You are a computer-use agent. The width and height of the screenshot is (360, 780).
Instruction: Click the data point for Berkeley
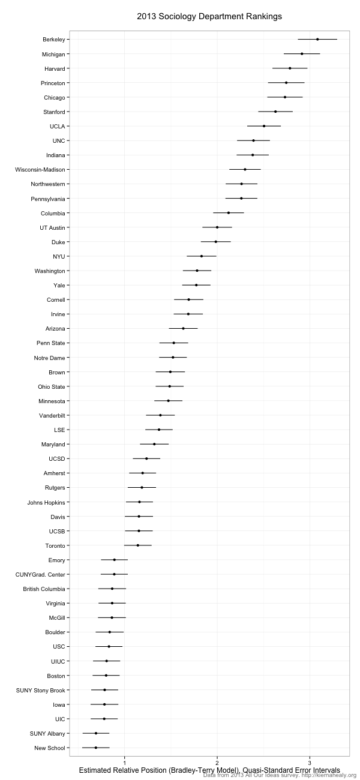[317, 40]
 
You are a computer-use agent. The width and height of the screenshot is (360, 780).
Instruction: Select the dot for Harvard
[290, 68]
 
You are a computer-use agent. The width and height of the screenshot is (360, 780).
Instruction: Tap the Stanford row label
[55, 112]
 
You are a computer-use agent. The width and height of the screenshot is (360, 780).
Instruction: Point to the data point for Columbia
[229, 213]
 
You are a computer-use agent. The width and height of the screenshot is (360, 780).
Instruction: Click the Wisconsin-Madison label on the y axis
[40, 170]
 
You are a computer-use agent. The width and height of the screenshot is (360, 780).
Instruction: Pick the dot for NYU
[202, 256]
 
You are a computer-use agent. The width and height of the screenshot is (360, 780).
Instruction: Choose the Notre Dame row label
[50, 358]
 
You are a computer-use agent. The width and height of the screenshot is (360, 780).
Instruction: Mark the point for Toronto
[138, 545]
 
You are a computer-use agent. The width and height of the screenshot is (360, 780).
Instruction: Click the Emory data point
[115, 560]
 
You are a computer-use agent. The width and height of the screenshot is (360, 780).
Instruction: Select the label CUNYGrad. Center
[40, 575]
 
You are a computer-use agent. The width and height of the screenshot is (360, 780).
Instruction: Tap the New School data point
[96, 748]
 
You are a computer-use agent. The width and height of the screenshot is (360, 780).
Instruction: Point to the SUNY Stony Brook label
[41, 690]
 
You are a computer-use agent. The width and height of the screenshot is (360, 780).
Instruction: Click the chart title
[209, 16]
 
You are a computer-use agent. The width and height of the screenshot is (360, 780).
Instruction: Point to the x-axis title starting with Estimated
[209, 769]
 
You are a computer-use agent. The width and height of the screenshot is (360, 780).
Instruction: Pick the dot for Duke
[216, 242]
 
